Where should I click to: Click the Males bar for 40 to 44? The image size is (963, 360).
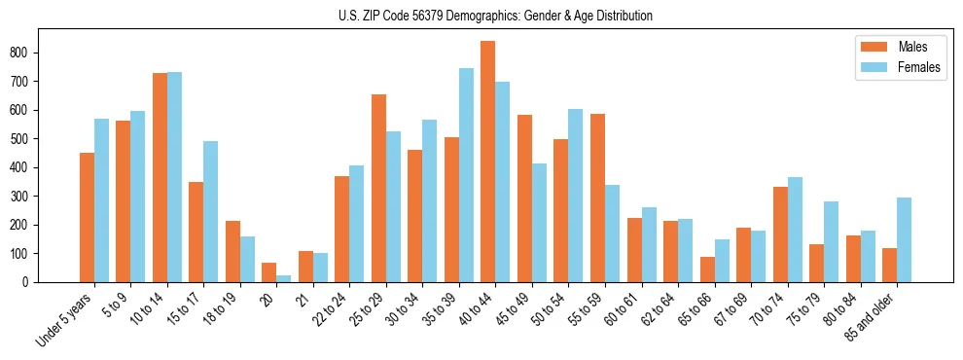(487, 162)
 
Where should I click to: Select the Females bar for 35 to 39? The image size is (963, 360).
(466, 175)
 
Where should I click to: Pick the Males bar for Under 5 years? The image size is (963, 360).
(87, 217)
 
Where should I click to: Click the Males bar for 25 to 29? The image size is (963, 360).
(378, 188)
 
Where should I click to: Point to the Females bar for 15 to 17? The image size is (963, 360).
(210, 211)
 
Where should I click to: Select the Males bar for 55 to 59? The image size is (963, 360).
(597, 198)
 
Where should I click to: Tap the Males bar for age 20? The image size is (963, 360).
(268, 272)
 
